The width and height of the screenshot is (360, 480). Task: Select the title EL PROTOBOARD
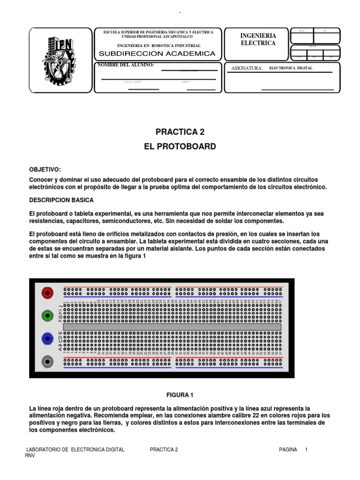(180, 147)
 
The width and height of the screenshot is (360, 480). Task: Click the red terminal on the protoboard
(47, 293)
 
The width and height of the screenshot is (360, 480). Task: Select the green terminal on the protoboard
(47, 315)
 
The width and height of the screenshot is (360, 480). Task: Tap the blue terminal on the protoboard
(47, 338)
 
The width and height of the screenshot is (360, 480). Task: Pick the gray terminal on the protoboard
(47, 361)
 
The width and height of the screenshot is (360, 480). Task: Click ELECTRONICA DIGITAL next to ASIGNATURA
(291, 68)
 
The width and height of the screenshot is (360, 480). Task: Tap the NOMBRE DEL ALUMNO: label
(125, 65)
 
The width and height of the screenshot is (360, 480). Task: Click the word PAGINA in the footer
(288, 450)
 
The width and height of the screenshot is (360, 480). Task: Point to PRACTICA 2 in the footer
(164, 450)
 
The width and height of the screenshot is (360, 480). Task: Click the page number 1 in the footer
(306, 450)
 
